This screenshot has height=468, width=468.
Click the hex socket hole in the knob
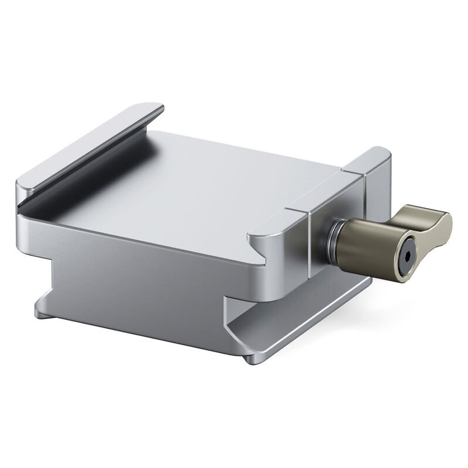tap(405, 256)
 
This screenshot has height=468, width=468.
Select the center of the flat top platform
tap(193, 187)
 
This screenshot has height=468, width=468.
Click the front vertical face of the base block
tap(140, 287)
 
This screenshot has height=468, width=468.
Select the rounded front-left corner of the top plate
tap(23, 187)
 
